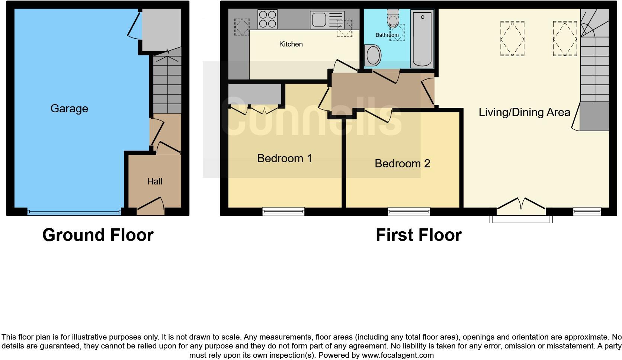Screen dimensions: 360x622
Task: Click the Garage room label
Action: click(69, 109)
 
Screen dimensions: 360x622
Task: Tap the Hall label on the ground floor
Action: click(155, 181)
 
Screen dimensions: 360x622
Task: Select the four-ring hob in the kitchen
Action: click(267, 19)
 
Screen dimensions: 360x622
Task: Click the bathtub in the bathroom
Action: click(422, 38)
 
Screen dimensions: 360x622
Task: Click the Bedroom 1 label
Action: click(285, 158)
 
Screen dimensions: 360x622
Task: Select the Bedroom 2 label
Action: click(402, 164)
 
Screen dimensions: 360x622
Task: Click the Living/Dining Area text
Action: click(524, 112)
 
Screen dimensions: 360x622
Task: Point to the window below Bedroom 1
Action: click(283, 212)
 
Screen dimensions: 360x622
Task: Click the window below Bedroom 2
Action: click(409, 212)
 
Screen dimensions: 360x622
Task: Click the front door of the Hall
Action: click(151, 206)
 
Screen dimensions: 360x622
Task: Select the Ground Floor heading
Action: click(98, 235)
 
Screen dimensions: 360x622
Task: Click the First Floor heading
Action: click(419, 235)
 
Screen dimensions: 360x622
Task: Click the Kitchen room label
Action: click(291, 44)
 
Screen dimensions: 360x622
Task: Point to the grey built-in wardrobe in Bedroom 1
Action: click(254, 94)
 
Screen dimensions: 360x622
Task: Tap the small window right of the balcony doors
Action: click(587, 212)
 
